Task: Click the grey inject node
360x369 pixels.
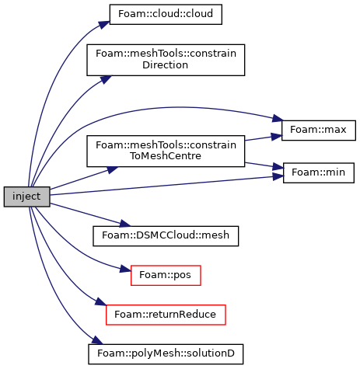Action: [x=26, y=197]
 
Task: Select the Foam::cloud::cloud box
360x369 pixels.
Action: [x=166, y=14]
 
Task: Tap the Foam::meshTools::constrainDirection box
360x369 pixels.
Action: [x=166, y=60]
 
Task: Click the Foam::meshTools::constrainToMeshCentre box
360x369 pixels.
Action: [x=166, y=151]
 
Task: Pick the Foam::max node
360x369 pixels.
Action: [x=319, y=131]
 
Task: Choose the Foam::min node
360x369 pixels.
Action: [x=319, y=172]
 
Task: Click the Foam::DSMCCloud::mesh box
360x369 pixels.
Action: [x=166, y=236]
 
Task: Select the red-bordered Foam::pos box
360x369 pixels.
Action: [x=166, y=275]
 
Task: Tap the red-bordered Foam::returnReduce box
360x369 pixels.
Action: [x=166, y=315]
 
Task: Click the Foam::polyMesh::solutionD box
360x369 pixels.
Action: [x=166, y=354]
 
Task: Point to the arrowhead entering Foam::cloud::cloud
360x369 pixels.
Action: [x=104, y=25]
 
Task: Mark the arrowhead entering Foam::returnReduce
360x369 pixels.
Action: [x=101, y=302]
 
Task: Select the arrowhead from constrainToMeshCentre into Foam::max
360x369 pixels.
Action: [x=276, y=136]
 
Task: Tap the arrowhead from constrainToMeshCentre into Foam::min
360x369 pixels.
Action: [x=278, y=167]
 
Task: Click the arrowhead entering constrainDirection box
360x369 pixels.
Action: [x=107, y=79]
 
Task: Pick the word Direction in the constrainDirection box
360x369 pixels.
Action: [x=165, y=65]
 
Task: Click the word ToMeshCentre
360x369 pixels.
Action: [x=166, y=156]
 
